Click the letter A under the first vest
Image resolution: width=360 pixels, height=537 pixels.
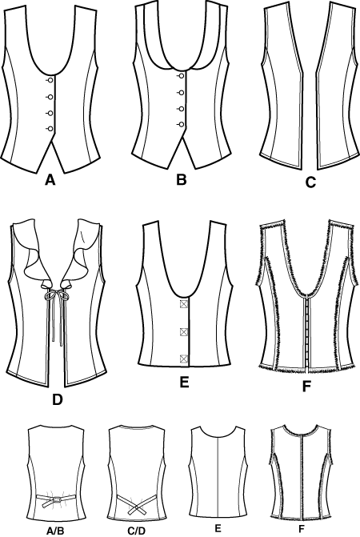(x=50, y=179)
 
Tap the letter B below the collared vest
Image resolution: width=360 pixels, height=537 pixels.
(x=182, y=179)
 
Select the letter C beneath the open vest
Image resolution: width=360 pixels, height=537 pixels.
(x=310, y=182)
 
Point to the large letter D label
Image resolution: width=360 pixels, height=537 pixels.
(x=58, y=399)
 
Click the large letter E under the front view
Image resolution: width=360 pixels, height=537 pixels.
(x=185, y=383)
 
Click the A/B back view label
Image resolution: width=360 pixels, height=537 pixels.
(x=55, y=531)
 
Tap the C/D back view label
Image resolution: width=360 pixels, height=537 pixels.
(x=137, y=531)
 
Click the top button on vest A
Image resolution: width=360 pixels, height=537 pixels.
(x=50, y=81)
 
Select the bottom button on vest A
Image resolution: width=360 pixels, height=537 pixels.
(x=50, y=129)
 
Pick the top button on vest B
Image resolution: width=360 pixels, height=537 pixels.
(x=181, y=76)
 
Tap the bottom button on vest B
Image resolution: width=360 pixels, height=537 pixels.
(x=181, y=124)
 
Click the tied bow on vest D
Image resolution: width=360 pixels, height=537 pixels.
(x=56, y=295)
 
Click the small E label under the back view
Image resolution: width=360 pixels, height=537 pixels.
(x=218, y=528)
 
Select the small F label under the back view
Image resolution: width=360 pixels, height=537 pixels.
(x=301, y=529)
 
